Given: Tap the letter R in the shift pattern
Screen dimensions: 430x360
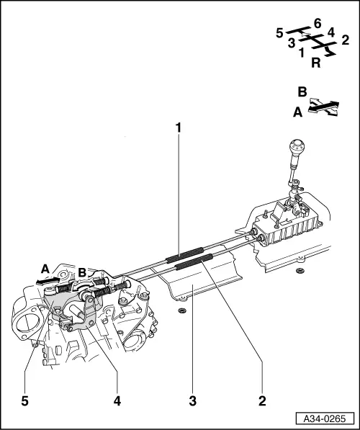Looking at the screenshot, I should [315, 63].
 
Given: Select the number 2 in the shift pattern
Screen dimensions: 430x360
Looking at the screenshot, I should [345, 40].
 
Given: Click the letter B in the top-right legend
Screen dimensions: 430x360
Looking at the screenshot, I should [302, 92].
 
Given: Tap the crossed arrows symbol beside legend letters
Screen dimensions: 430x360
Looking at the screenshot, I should [322, 107].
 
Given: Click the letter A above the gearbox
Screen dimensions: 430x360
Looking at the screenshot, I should [46, 266].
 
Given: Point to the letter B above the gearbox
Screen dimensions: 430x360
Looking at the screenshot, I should [83, 273].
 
